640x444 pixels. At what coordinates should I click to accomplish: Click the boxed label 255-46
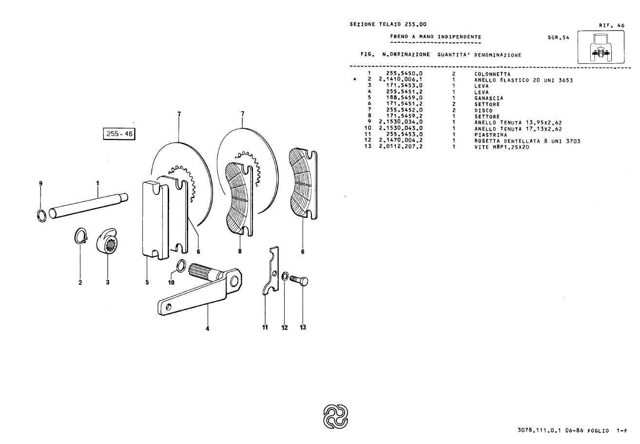[x=119, y=133]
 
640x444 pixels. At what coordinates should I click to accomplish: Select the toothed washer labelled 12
[x=285, y=277]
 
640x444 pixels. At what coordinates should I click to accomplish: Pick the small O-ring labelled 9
[x=42, y=214]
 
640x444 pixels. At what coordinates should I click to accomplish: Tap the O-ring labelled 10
[x=180, y=266]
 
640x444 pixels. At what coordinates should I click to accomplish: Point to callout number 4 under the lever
[x=207, y=328]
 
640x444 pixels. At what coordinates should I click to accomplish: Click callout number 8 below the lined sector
[x=240, y=251]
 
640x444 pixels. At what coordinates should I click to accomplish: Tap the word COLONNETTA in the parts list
[x=492, y=74]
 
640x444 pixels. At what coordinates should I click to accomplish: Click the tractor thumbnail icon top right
[x=600, y=48]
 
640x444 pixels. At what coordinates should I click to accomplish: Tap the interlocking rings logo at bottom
[x=336, y=415]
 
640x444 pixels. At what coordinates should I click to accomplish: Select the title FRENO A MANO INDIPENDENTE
[x=436, y=37]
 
